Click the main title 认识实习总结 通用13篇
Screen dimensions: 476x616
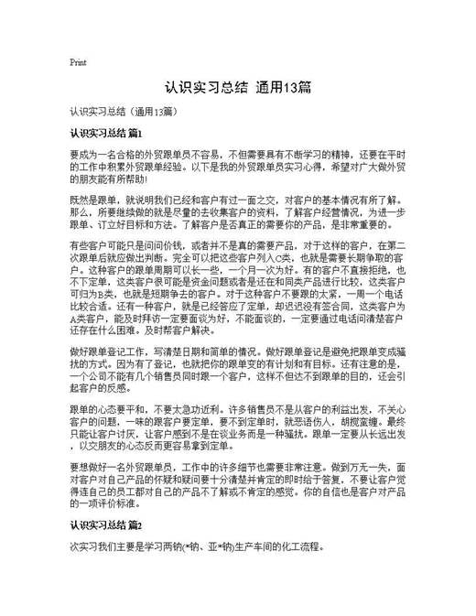tap(237, 89)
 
